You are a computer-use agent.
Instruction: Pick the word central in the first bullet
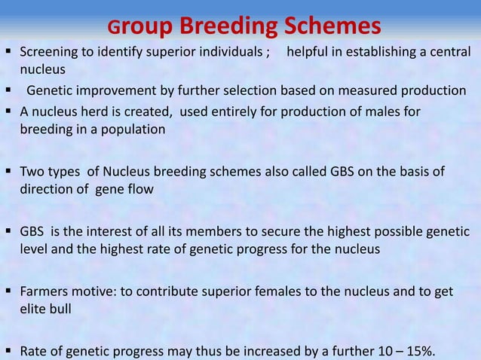coord(449,53)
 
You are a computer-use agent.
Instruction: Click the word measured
coord(369,91)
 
